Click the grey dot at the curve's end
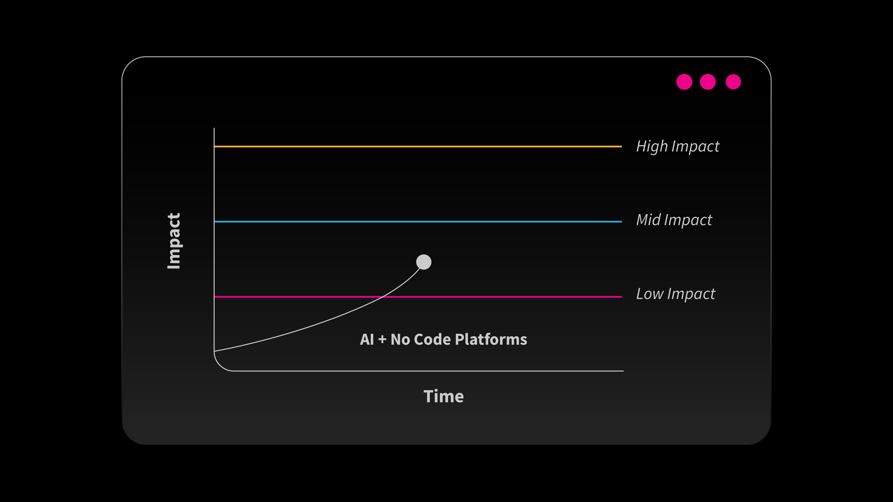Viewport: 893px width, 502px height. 424,262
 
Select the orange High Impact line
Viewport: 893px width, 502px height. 418,147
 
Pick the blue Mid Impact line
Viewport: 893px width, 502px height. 418,221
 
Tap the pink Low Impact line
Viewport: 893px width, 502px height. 418,297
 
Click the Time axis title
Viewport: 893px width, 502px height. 443,396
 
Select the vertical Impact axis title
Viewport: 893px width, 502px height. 174,241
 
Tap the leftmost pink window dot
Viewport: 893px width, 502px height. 684,82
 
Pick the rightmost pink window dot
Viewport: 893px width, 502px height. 733,82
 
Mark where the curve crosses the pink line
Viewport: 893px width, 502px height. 382,297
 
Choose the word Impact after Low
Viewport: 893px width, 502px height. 691,294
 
